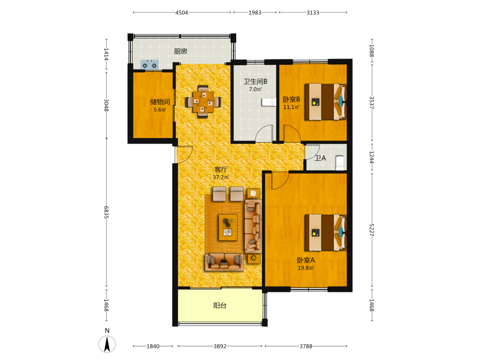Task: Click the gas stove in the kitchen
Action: coord(149,64)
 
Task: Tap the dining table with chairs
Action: coord(203,102)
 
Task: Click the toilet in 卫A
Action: coord(340,163)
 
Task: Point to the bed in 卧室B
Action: coord(325,102)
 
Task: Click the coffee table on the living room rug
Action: coord(228,227)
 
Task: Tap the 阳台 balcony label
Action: coord(220,305)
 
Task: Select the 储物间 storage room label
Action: coord(160,102)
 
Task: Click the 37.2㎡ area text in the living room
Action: coord(221,177)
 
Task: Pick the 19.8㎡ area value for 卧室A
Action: coord(306,268)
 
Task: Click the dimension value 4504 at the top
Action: coord(181,12)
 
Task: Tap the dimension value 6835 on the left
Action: coord(106,212)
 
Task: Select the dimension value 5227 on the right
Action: coord(372,230)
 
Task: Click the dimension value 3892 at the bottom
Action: coord(220,346)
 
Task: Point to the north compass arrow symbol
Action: coord(107,344)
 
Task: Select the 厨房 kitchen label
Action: coord(180,51)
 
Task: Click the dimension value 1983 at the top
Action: coord(255,12)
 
